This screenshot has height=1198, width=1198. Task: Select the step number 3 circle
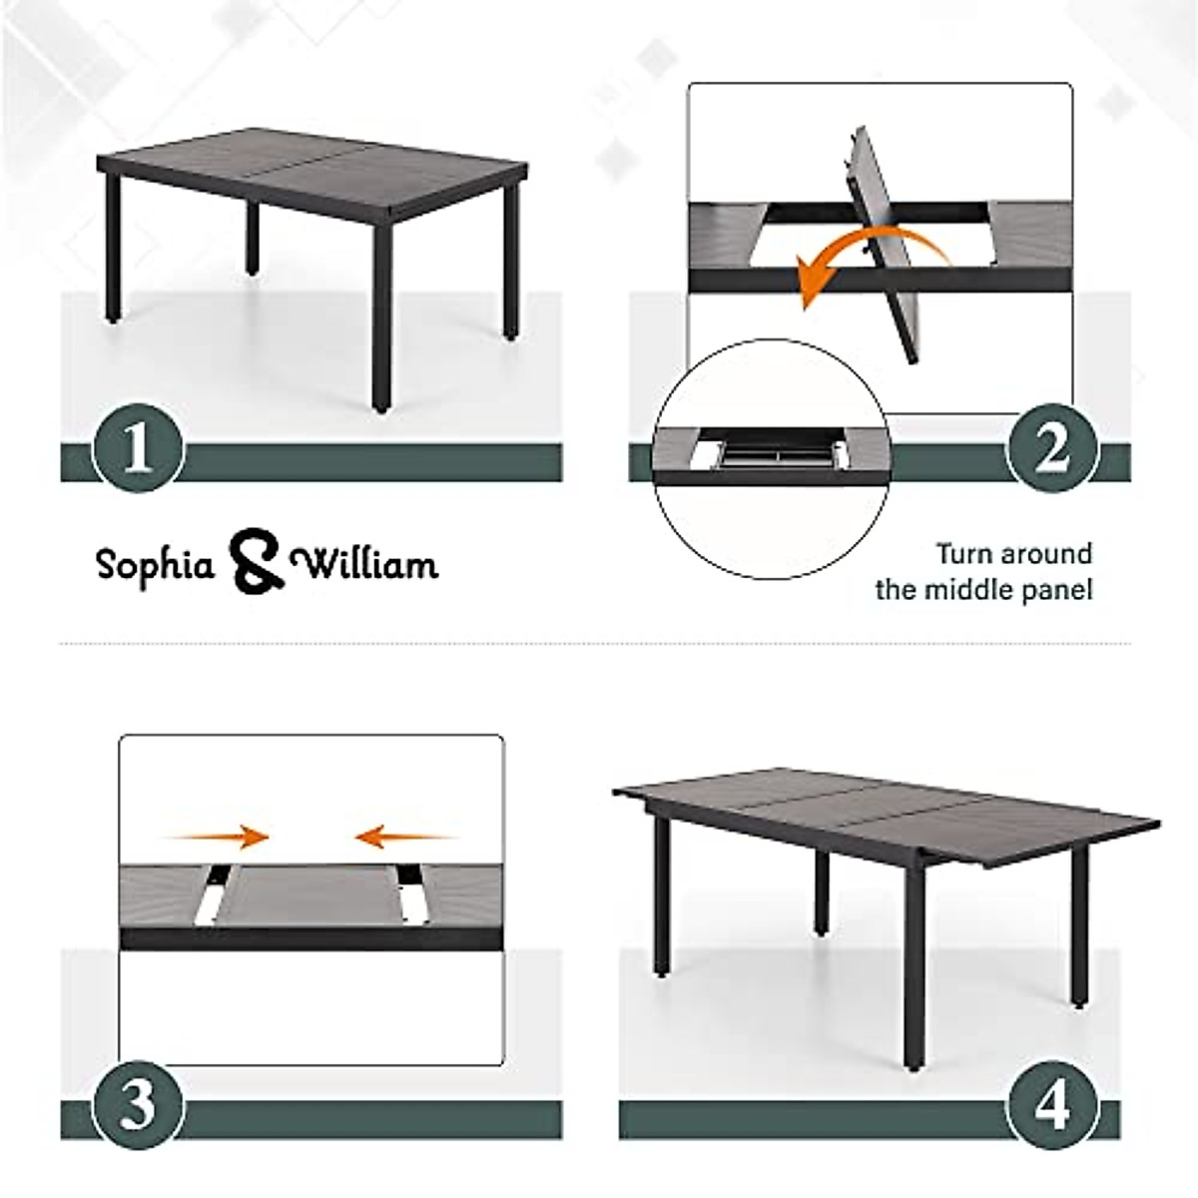point(139,1106)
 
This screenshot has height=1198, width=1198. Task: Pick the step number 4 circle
point(1051,1106)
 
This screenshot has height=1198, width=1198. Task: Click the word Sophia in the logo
point(156,565)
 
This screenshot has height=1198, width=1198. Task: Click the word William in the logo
point(369,565)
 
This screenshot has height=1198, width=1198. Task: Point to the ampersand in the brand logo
point(256,563)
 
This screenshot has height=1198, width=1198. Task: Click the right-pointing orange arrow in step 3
point(220,836)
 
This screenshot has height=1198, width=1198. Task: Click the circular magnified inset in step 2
point(771,459)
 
